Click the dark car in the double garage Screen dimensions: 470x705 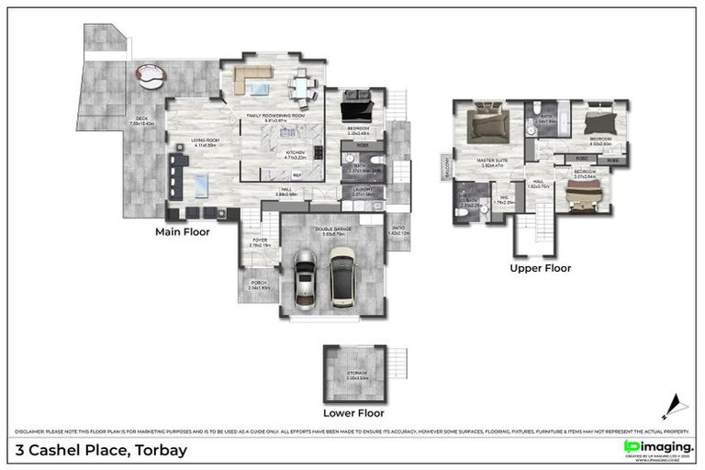(x=343, y=278)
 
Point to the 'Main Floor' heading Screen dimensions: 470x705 (x=182, y=232)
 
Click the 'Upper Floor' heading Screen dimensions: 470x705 (x=541, y=268)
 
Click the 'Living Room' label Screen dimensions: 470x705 (x=204, y=142)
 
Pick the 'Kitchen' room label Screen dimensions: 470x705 (x=295, y=153)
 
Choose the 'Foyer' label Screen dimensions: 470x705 (x=259, y=242)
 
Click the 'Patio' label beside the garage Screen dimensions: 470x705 (x=397, y=230)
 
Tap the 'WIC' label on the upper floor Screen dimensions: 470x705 (x=503, y=197)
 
